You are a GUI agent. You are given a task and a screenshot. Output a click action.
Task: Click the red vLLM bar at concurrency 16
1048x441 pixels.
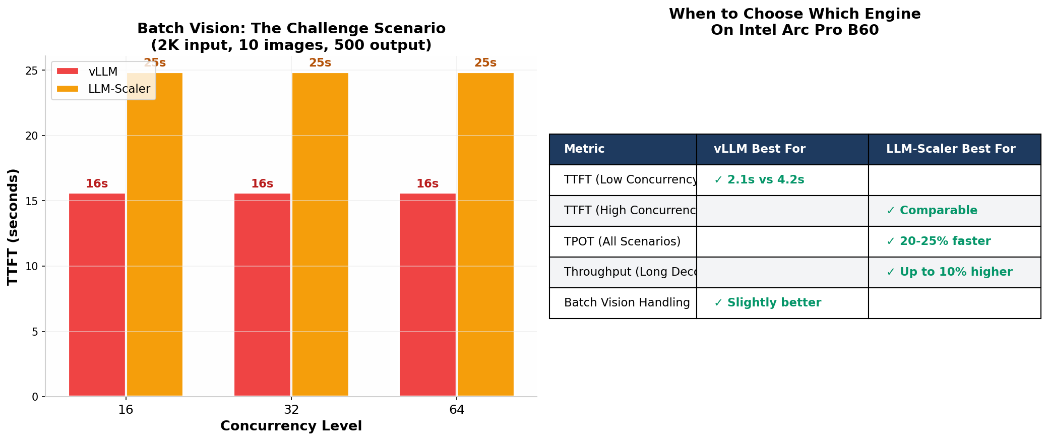coord(97,295)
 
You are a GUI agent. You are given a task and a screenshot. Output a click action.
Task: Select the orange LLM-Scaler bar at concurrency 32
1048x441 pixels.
coord(320,234)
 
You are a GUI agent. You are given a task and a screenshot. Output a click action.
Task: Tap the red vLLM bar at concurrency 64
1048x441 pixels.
coord(427,295)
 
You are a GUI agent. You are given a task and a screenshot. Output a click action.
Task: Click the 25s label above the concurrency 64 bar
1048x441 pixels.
coord(485,63)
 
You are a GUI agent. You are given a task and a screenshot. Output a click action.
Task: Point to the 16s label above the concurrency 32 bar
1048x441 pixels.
coord(262,184)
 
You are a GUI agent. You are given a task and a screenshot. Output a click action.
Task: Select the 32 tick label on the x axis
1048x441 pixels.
coord(291,410)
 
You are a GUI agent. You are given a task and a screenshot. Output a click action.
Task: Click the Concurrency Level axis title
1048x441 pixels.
coord(291,426)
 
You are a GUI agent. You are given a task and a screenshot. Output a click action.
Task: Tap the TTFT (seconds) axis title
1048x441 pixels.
coord(13,227)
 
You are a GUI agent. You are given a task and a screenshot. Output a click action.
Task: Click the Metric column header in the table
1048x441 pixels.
coord(584,149)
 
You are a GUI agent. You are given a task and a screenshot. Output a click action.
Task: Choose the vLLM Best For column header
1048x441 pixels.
coord(759,149)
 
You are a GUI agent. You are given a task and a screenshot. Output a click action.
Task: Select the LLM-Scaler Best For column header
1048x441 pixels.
coord(950,149)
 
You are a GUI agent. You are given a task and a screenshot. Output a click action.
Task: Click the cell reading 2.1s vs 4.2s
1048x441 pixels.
coord(759,180)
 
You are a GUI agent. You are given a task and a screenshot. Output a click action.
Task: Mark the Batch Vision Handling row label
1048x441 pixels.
coord(627,303)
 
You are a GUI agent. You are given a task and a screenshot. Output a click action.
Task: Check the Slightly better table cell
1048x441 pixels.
coord(768,303)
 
